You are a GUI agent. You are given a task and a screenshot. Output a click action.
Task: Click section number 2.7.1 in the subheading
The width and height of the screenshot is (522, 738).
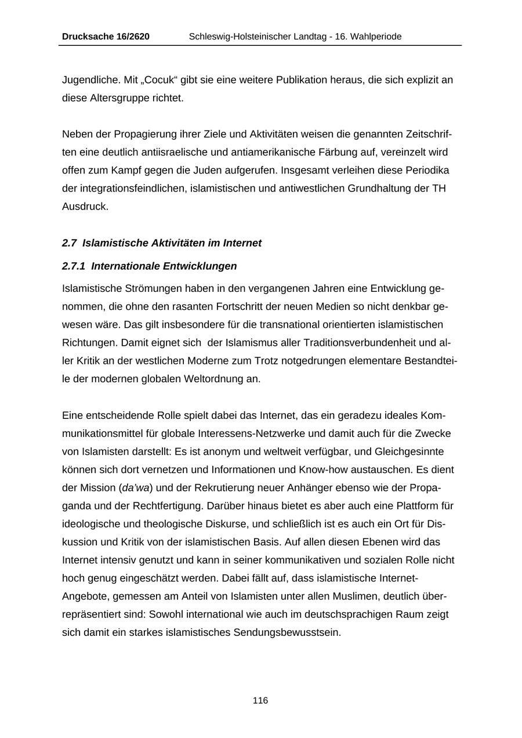pyautogui.click(x=74, y=266)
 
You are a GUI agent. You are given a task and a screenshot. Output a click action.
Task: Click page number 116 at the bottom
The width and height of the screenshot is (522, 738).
pyautogui.click(x=260, y=701)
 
